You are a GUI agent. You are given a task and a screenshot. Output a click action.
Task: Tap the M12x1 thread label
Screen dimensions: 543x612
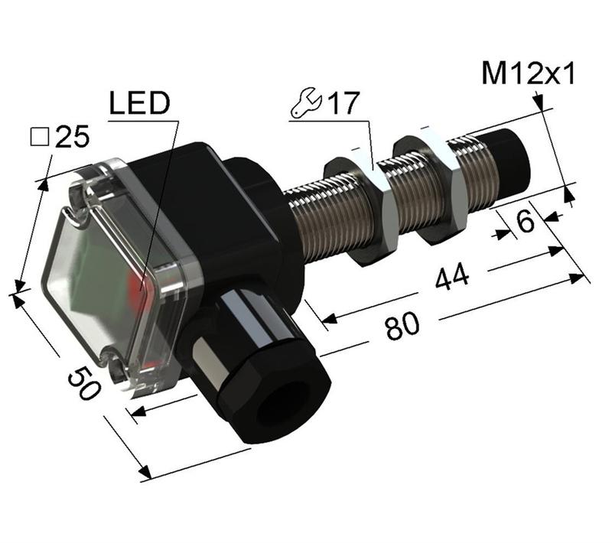click(x=528, y=74)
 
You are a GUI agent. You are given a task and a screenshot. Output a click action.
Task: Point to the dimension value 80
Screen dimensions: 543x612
click(x=402, y=328)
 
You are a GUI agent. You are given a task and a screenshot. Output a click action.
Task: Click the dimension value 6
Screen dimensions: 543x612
click(x=525, y=222)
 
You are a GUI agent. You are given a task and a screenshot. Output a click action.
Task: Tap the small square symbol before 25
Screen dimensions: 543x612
click(x=38, y=138)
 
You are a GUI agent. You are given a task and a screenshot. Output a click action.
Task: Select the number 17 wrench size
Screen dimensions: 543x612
click(x=343, y=103)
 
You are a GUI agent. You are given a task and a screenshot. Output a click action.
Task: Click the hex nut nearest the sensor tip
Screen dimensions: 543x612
click(x=431, y=186)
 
